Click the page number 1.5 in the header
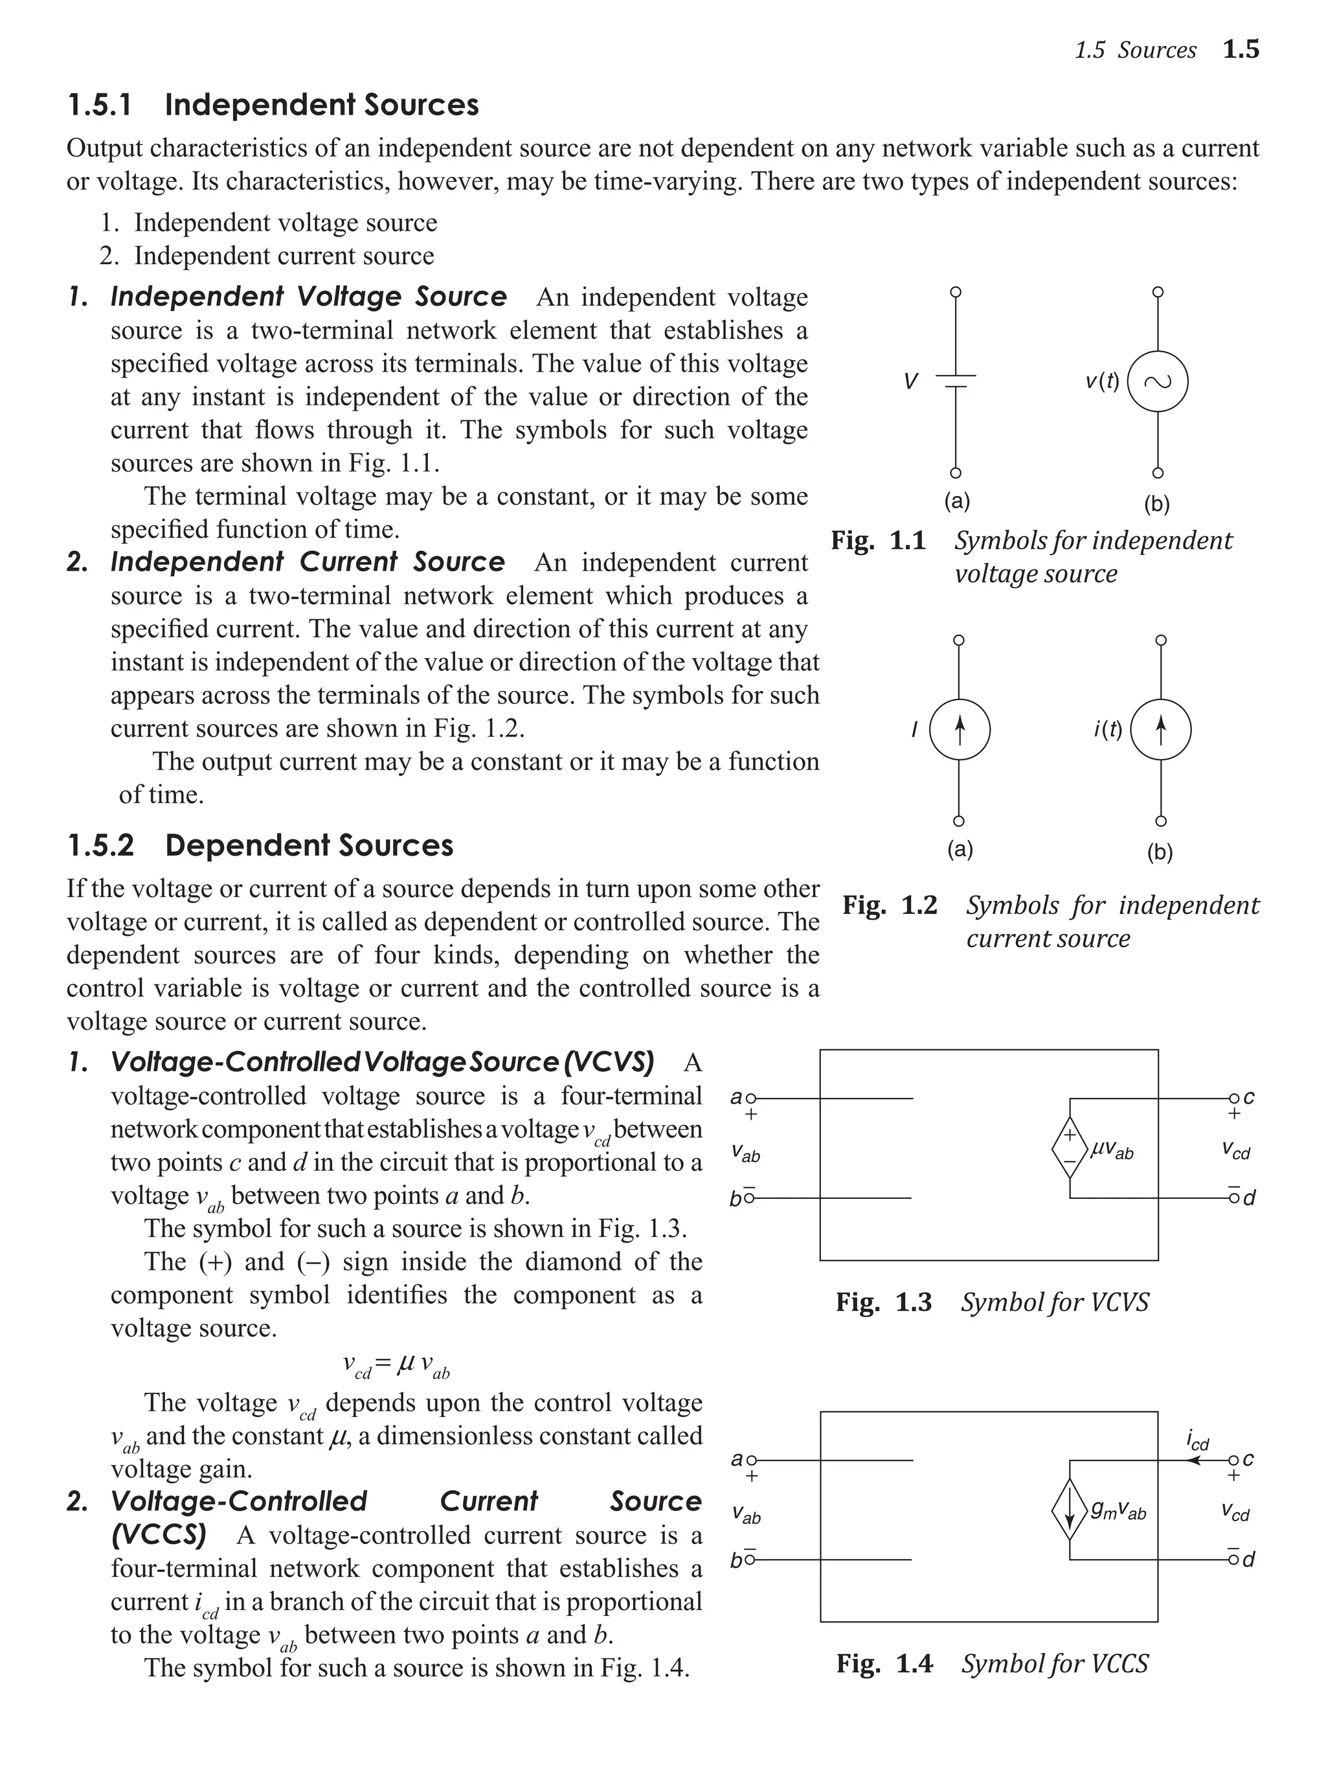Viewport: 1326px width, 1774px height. click(1241, 50)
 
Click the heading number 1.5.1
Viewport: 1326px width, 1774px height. click(100, 105)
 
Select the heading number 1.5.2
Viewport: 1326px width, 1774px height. click(100, 845)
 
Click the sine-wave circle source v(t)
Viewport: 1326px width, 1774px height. click(1157, 381)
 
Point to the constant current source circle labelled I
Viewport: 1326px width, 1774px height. click(959, 730)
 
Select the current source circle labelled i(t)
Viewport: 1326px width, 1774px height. click(1160, 730)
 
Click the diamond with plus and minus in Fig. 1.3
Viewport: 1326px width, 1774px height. click(1070, 1148)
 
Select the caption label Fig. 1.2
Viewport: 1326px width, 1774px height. click(889, 905)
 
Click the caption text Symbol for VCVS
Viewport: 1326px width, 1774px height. click(1054, 1302)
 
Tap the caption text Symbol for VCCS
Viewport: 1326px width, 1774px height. click(1054, 1663)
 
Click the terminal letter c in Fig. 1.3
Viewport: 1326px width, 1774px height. click(1249, 1097)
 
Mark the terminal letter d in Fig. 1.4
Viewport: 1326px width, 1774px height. click(1249, 1560)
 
